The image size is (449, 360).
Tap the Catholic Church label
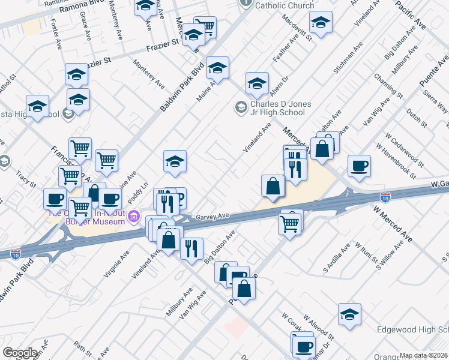(285, 5)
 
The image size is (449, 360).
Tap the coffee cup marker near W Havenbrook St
(359, 166)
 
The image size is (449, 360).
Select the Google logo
(20, 353)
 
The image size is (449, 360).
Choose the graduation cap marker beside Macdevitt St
(321, 24)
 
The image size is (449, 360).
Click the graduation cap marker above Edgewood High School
(349, 314)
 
